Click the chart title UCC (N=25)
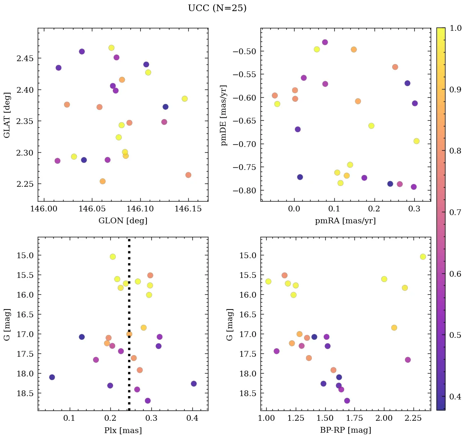pos(217,8)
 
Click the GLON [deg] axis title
pos(123,221)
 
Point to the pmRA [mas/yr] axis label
pos(345,221)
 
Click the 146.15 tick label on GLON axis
pos(188,209)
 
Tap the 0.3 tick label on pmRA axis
pos(414,209)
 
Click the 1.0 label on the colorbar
pos(455,28)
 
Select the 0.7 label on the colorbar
pos(455,212)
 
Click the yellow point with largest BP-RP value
pos(423,257)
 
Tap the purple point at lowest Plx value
pos(52,377)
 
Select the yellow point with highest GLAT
pos(111,48)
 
